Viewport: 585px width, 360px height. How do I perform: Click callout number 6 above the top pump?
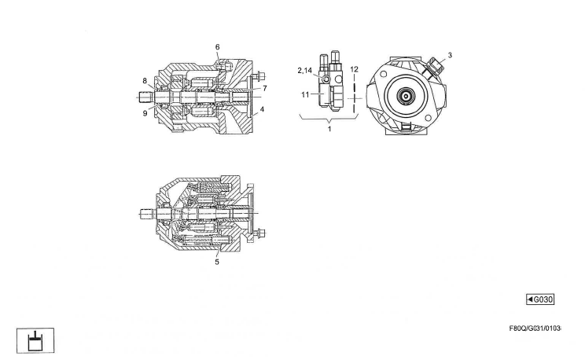pyautogui.click(x=218, y=47)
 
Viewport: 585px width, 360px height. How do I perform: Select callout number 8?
pyautogui.click(x=145, y=80)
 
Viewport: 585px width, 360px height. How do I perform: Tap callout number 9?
pyautogui.click(x=145, y=113)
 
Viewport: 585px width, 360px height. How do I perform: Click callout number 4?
pyautogui.click(x=263, y=109)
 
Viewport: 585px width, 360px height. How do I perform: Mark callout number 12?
pyautogui.click(x=355, y=70)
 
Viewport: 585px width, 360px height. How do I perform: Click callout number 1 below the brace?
pyautogui.click(x=329, y=129)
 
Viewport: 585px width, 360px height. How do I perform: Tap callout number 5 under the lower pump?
pyautogui.click(x=218, y=262)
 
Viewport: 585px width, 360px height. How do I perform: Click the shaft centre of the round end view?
pyautogui.click(x=407, y=97)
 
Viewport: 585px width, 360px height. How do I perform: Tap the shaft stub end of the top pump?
pyautogui.click(x=142, y=97)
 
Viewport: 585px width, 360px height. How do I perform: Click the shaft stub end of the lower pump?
pyautogui.click(x=144, y=212)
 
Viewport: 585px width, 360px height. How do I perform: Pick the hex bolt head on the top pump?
pyautogui.click(x=258, y=77)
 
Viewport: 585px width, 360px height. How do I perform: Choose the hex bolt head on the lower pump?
pyautogui.click(x=261, y=232)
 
